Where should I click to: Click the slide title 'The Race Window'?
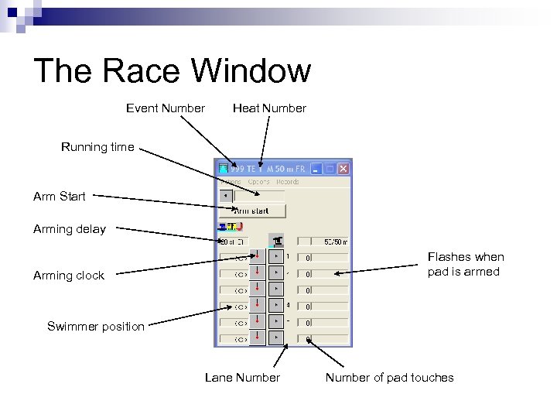click(172, 71)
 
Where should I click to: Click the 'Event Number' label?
click(166, 108)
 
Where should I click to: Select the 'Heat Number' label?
click(269, 108)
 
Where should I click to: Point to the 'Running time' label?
click(97, 147)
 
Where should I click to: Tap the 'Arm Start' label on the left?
click(60, 197)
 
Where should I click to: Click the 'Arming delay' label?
click(70, 229)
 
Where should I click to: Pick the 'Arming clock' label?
click(69, 276)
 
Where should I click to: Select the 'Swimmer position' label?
click(96, 327)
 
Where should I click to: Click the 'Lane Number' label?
click(242, 378)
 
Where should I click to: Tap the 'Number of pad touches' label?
click(389, 378)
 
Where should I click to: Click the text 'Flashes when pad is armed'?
click(465, 264)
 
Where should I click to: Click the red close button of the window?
click(343, 168)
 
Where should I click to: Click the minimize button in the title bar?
click(316, 168)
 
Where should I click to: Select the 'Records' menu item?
click(288, 182)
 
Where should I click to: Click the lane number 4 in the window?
click(288, 305)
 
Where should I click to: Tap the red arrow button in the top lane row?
click(258, 256)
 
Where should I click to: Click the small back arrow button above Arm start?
click(225, 196)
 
